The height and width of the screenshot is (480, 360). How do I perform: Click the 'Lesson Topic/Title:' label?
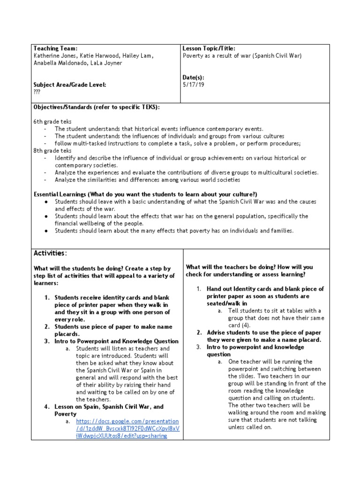pos(209,48)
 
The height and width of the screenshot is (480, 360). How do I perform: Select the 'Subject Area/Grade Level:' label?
pos(70,84)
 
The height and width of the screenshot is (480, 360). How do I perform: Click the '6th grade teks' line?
pos(52,121)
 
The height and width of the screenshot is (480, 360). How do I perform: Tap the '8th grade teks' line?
pos(52,150)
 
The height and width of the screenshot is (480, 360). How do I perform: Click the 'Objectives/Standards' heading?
pos(97,107)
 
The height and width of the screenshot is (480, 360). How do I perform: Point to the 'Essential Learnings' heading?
pos(145,194)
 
